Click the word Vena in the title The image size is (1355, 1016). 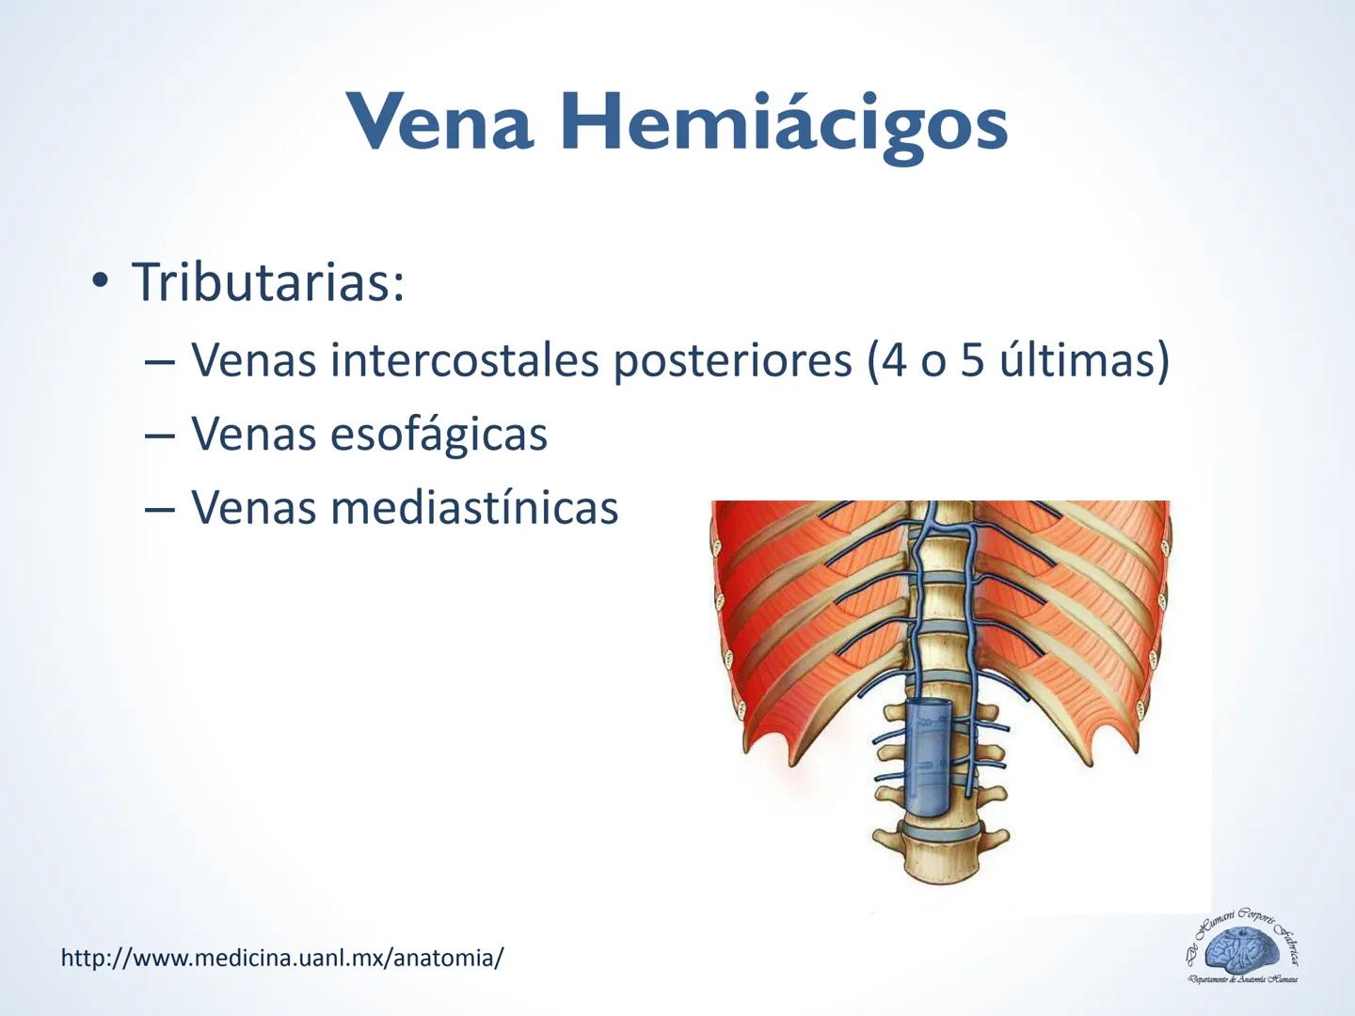pos(440,122)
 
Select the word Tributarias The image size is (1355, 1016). pos(268,281)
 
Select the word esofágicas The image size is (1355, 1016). pos(438,435)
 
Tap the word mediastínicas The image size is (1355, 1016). pos(474,508)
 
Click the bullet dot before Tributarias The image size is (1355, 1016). pos(99,281)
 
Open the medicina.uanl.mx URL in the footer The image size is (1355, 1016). pos(282,958)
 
